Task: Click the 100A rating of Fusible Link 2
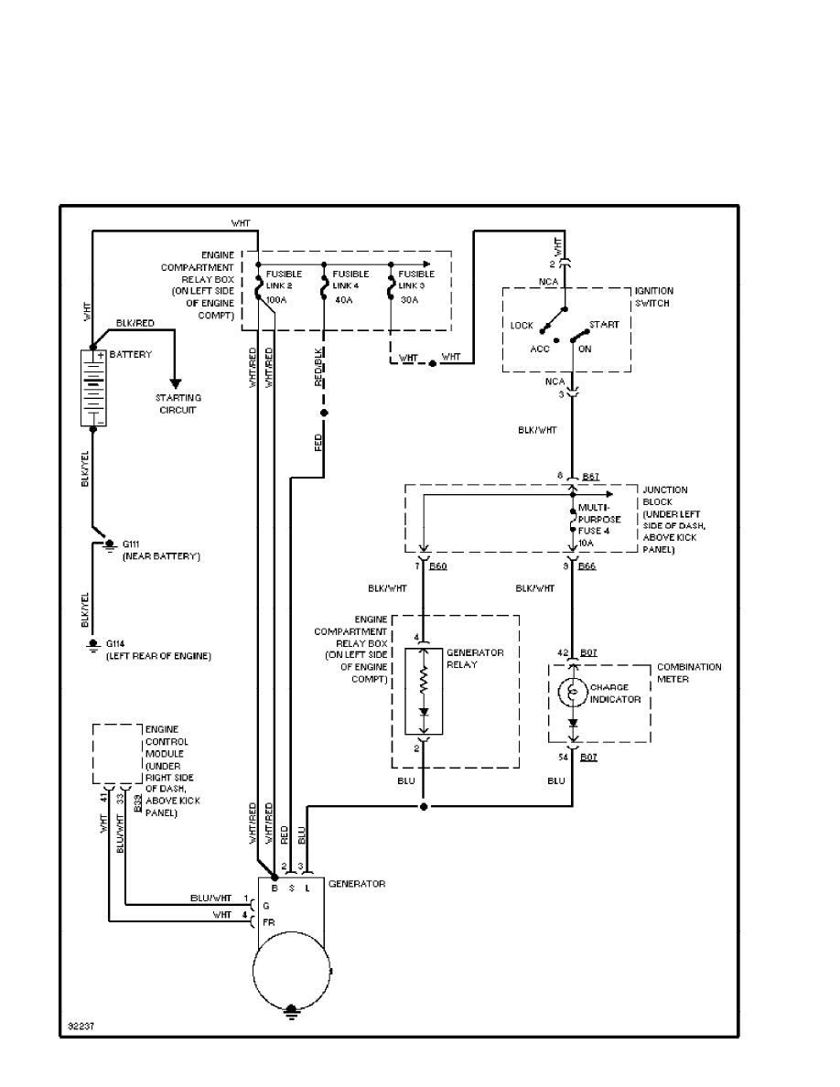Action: click(x=275, y=299)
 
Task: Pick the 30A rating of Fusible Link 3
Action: click(x=408, y=299)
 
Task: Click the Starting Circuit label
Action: click(x=178, y=404)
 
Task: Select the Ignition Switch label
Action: click(x=654, y=296)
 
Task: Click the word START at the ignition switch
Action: click(x=605, y=325)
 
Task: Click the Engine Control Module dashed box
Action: click(x=116, y=754)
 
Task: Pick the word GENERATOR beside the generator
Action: click(x=357, y=884)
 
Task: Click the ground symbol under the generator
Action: click(x=292, y=1009)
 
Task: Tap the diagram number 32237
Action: click(x=80, y=1026)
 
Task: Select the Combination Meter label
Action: click(x=688, y=673)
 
